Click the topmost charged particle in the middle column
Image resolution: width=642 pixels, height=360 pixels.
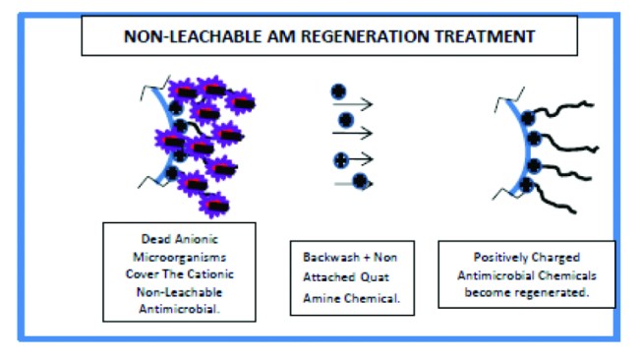[x=337, y=90]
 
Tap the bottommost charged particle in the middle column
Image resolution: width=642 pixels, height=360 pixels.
[x=362, y=180]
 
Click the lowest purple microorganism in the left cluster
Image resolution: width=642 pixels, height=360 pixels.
[x=214, y=204]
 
